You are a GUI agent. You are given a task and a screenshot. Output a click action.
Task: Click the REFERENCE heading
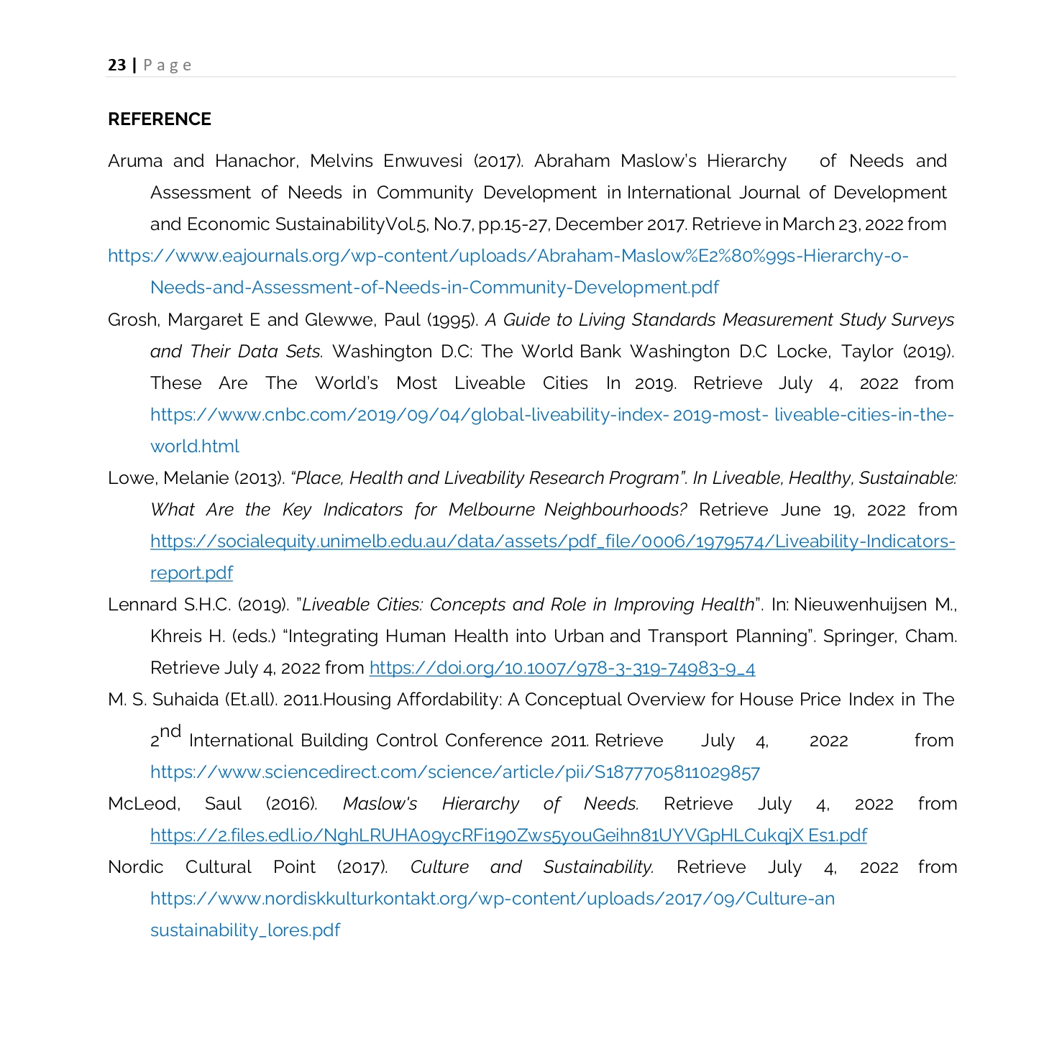tap(159, 119)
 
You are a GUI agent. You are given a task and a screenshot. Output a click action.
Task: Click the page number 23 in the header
tap(116, 65)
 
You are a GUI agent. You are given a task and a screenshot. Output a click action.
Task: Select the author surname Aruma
tap(135, 161)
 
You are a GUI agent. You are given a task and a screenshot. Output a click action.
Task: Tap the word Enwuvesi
tap(423, 161)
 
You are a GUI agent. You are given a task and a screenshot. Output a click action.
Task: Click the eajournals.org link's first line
tap(508, 256)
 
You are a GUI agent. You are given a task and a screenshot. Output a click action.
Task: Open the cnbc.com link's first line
tap(551, 415)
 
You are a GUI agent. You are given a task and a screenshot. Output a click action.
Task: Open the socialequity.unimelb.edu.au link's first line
tap(552, 541)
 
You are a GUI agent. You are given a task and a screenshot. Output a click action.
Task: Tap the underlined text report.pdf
tap(191, 573)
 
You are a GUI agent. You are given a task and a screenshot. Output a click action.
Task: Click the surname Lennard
tap(142, 605)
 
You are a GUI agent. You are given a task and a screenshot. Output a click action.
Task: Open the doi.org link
tap(562, 668)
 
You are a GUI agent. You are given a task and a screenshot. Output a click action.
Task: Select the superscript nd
tap(170, 732)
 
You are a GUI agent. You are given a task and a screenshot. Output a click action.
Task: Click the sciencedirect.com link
tap(454, 772)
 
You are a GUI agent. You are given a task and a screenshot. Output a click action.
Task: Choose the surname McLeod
tap(143, 804)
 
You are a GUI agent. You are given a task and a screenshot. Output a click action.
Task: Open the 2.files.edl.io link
tap(508, 836)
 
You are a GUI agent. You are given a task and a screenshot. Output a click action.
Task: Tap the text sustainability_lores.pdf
tap(244, 930)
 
